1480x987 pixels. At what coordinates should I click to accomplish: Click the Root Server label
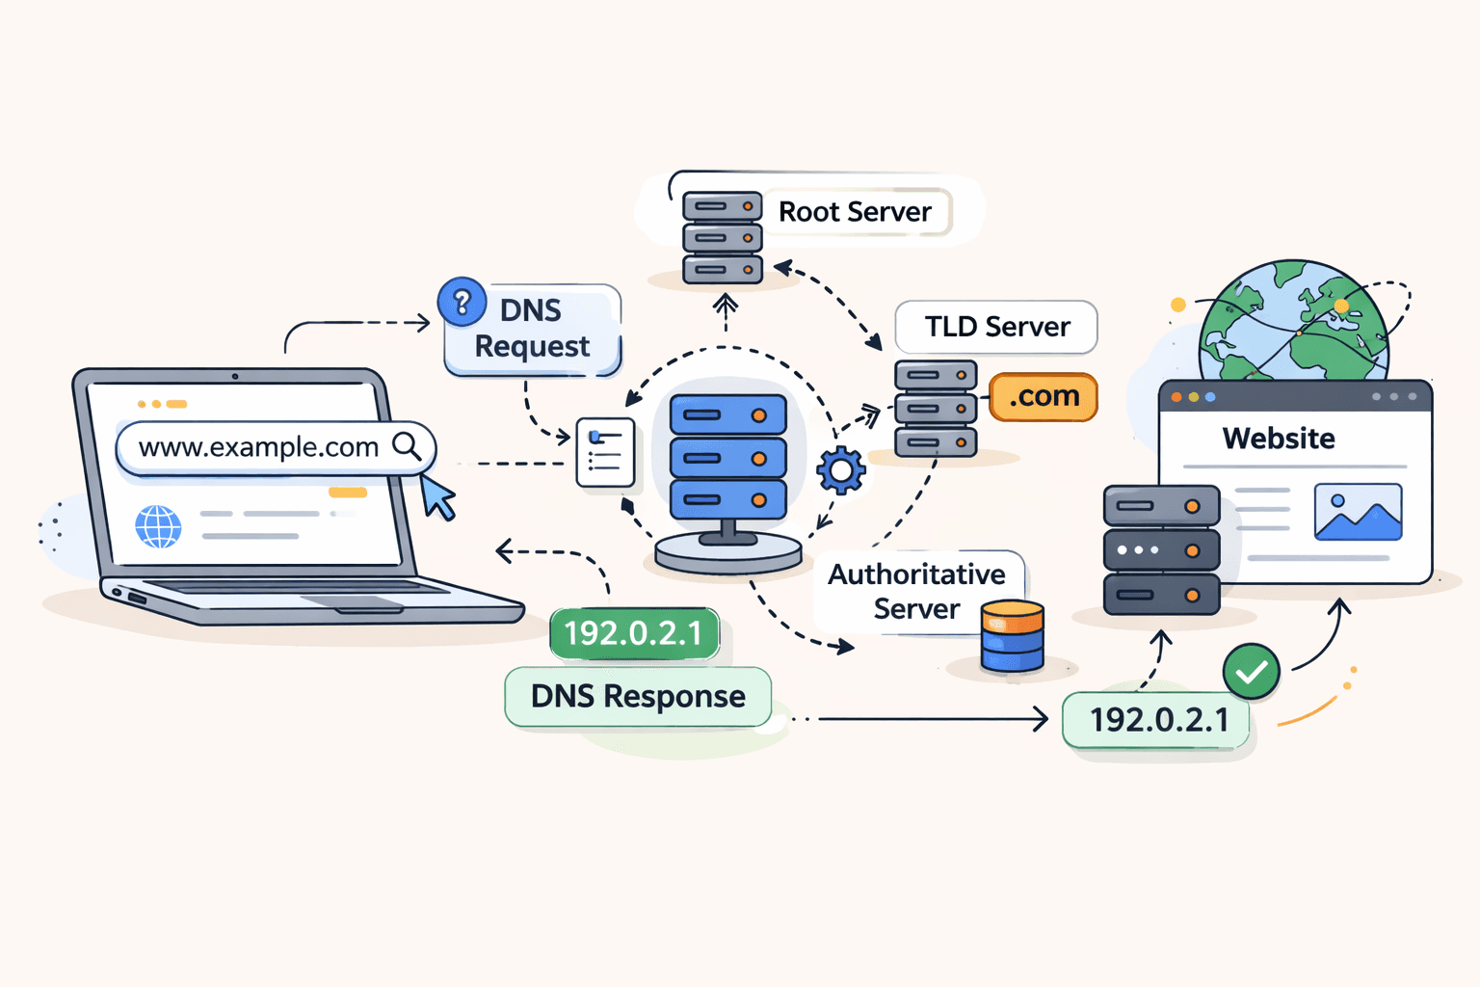click(855, 212)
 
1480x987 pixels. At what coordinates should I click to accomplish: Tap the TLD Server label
click(996, 328)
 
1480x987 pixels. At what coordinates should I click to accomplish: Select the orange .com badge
click(1044, 397)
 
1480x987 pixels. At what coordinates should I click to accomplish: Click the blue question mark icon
click(462, 303)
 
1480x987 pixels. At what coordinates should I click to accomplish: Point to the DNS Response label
click(638, 697)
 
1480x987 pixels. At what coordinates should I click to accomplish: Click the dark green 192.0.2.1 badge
click(634, 633)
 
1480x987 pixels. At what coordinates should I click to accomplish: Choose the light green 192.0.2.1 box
click(1157, 720)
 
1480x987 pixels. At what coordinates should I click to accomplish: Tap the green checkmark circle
click(1251, 672)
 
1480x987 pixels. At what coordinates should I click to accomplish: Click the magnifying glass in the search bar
click(407, 446)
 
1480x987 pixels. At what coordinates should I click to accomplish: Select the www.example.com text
click(258, 447)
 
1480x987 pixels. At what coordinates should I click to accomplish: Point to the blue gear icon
click(841, 470)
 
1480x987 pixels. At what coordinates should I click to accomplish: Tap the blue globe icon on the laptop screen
click(158, 526)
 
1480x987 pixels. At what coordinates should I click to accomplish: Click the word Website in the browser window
click(1279, 439)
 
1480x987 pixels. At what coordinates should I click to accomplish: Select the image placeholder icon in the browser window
click(1358, 512)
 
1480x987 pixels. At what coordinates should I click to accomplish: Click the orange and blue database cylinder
click(1012, 636)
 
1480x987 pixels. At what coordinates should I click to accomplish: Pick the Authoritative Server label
click(916, 592)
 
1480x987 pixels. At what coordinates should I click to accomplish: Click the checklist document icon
click(605, 452)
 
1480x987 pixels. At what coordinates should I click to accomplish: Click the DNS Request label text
click(531, 329)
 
